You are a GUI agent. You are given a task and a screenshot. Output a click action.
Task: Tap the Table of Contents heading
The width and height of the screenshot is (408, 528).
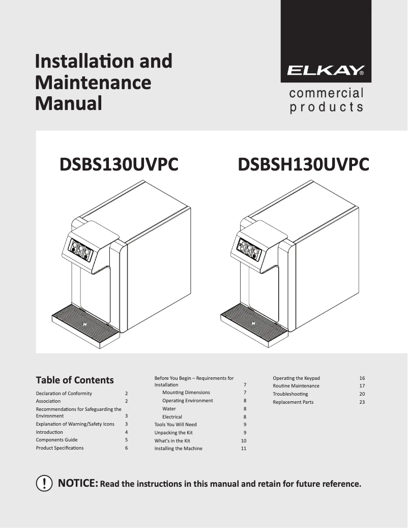tap(75, 380)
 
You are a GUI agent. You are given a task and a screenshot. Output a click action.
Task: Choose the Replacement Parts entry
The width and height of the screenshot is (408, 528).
tap(293, 402)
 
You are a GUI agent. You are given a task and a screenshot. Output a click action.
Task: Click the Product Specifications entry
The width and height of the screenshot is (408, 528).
tap(60, 448)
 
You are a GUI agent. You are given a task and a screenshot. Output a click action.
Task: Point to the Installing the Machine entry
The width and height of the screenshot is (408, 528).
tap(178, 449)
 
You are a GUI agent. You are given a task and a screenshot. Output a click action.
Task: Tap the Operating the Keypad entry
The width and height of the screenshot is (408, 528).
tap(296, 378)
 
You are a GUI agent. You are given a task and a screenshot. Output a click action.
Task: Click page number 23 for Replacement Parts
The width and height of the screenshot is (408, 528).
tap(362, 402)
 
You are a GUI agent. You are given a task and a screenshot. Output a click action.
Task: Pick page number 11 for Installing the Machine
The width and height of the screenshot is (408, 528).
tap(244, 449)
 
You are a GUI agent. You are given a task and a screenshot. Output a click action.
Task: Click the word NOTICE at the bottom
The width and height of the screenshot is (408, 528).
tap(78, 483)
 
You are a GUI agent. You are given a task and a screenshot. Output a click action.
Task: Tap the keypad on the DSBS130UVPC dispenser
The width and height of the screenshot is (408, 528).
tap(81, 251)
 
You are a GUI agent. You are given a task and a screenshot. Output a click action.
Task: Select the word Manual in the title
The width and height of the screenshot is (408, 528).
tap(68, 103)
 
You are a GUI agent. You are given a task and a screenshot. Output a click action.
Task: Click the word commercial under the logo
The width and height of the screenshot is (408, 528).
tap(326, 94)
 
